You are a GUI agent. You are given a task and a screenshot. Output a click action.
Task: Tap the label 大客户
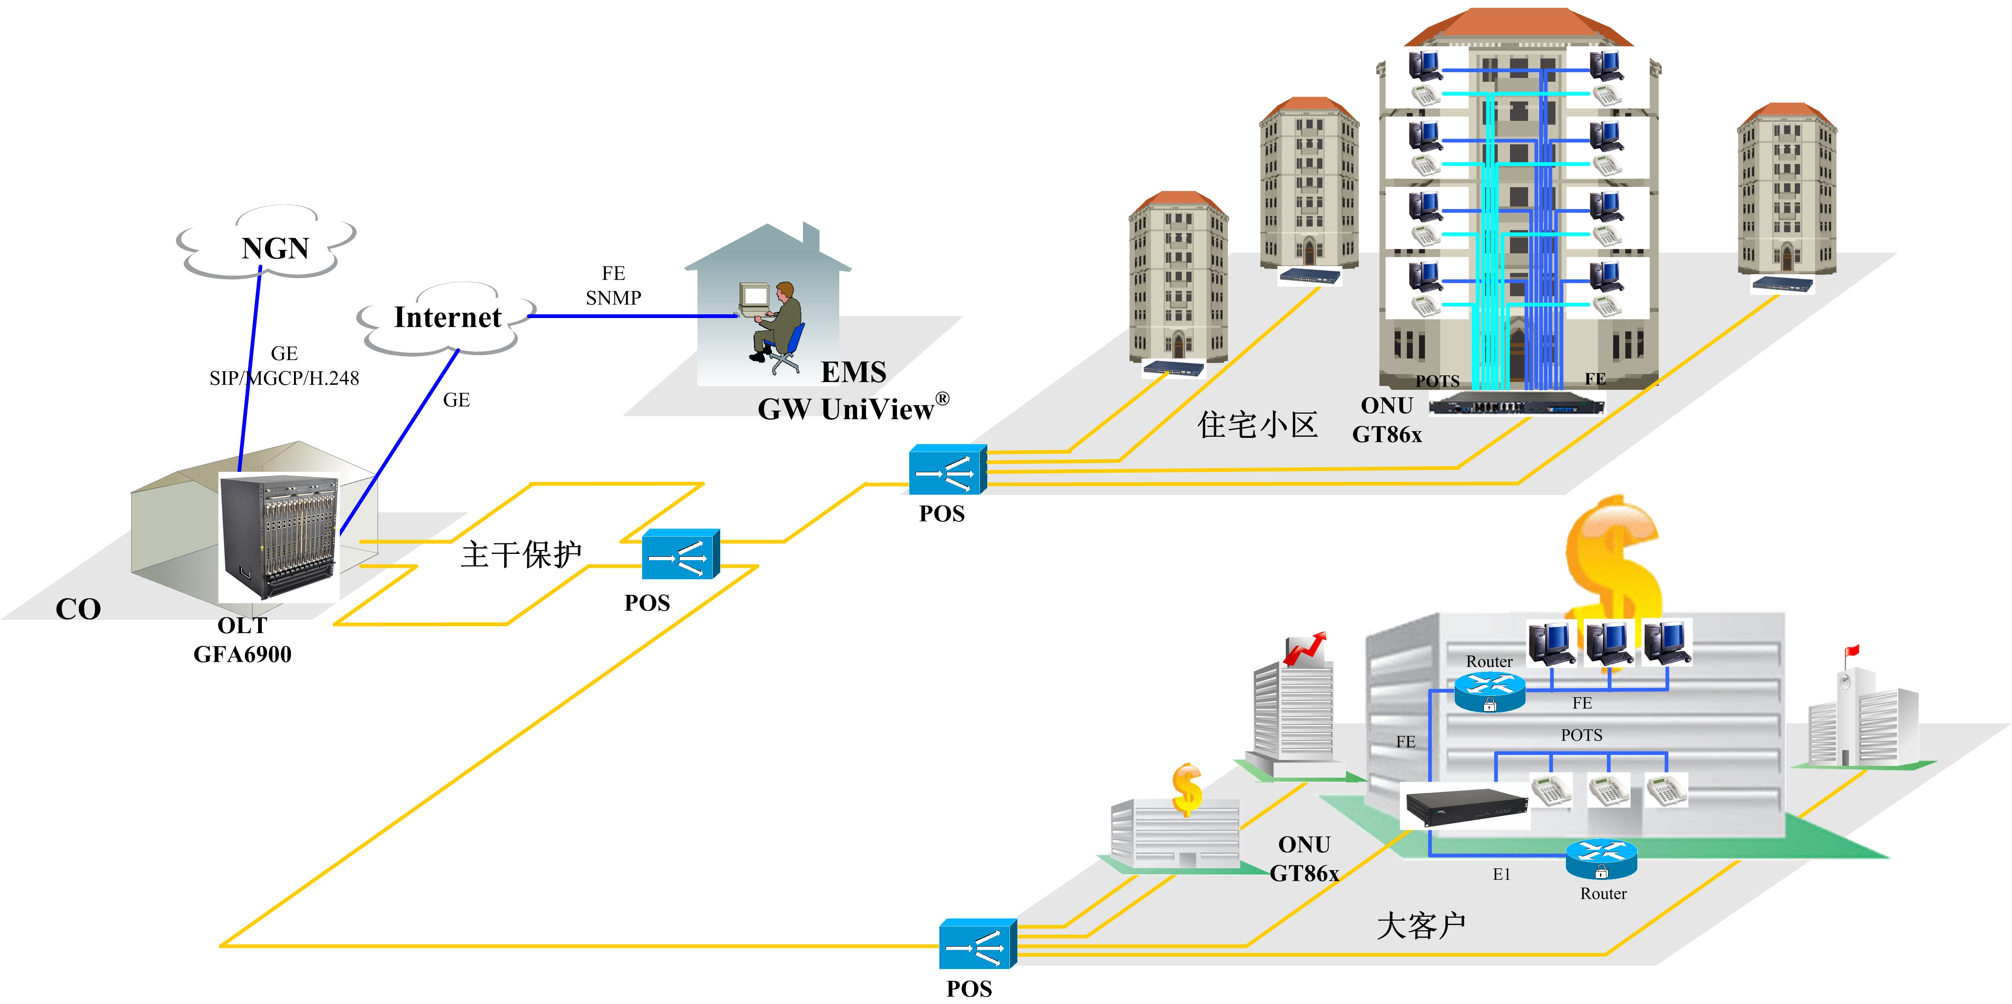[x=1421, y=926]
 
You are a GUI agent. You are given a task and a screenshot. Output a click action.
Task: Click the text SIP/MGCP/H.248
[x=284, y=378]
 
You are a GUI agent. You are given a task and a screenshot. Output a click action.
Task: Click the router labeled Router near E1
[x=1601, y=860]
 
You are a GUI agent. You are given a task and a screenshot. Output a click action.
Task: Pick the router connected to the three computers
[x=1489, y=692]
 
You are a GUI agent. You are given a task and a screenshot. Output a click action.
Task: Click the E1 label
[x=1501, y=874]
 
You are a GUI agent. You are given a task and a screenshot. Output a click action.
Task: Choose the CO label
[x=78, y=609]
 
